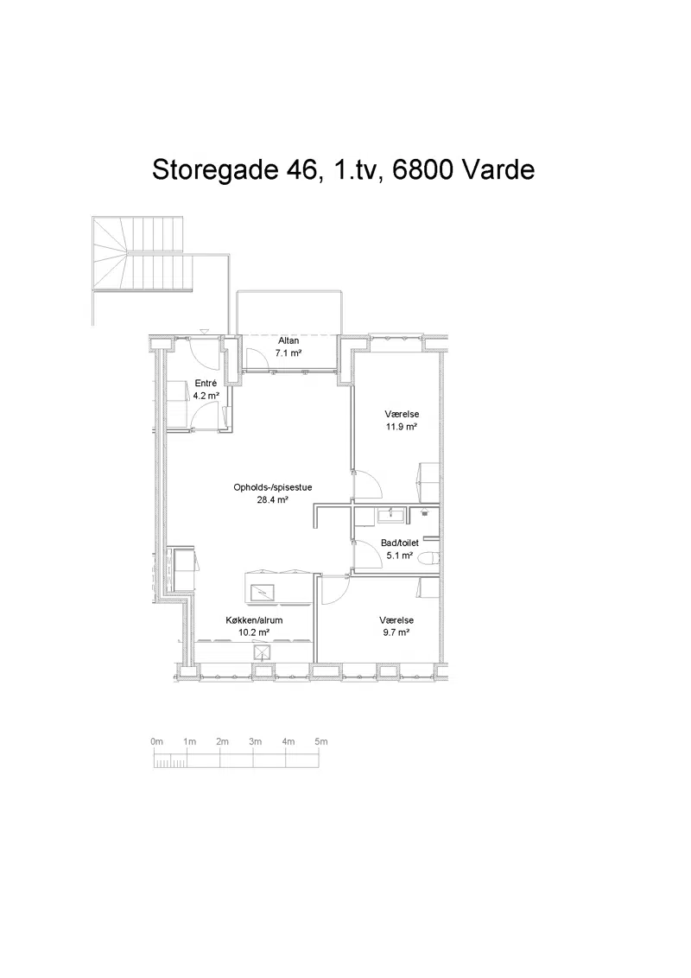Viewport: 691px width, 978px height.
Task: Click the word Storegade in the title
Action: point(214,170)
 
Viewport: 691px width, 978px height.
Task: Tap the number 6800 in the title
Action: point(422,169)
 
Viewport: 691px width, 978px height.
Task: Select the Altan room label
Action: point(288,340)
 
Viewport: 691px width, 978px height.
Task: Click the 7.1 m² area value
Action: point(288,353)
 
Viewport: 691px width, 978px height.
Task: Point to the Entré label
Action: point(206,383)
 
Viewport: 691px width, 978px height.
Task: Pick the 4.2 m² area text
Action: point(206,396)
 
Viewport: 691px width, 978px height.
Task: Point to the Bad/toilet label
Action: point(400,543)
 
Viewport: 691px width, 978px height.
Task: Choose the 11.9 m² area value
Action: point(401,427)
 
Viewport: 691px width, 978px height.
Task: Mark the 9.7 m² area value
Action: point(396,632)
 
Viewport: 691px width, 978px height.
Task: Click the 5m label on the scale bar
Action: point(320,741)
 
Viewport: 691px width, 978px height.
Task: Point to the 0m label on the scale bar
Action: point(156,741)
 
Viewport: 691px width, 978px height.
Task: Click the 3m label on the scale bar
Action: point(255,741)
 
